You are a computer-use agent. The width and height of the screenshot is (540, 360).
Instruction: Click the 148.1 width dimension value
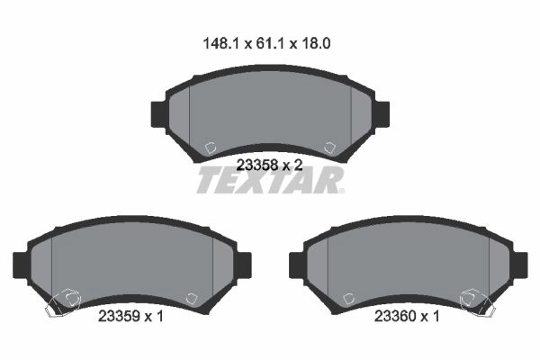pos(220,44)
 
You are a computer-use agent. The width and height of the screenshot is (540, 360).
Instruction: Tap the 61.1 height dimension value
pos(270,44)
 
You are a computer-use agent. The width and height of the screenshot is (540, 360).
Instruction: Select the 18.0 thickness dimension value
pos(316,44)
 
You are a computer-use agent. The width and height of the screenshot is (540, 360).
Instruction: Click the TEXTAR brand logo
pos(270,180)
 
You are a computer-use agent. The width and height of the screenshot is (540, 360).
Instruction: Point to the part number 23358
pos(257,166)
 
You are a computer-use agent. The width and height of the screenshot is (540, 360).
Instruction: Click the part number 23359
pos(119,316)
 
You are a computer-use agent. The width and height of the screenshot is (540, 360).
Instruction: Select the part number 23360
pos(395,316)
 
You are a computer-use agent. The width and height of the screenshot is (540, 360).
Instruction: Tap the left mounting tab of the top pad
pos(158,114)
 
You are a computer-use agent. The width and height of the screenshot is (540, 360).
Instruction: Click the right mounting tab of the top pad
pos(382,114)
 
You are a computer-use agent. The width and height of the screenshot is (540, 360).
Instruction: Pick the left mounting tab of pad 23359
pos(21,265)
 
